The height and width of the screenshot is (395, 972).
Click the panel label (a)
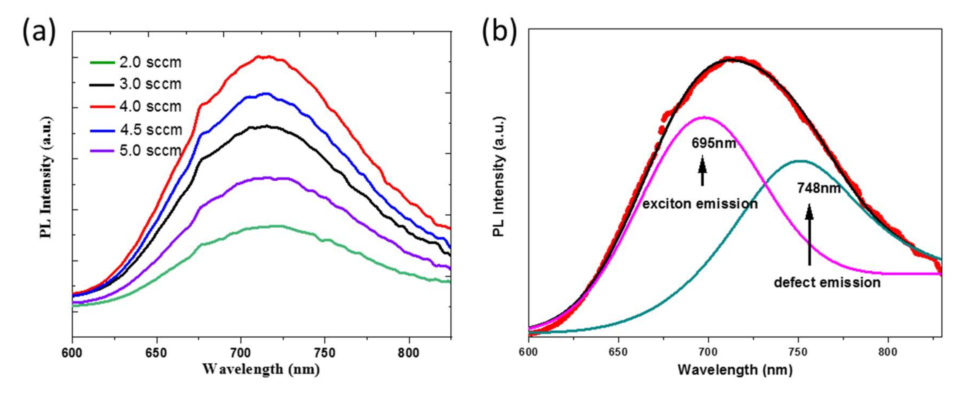point(39,33)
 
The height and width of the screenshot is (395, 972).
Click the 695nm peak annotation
point(714,143)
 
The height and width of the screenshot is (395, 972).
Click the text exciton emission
point(700,204)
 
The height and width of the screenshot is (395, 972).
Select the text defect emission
point(827,282)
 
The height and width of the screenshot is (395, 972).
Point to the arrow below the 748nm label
point(809,234)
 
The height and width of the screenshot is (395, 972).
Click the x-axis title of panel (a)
point(261,369)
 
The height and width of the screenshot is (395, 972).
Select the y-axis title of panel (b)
point(499,177)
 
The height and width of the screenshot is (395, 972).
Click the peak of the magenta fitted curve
point(704,117)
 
